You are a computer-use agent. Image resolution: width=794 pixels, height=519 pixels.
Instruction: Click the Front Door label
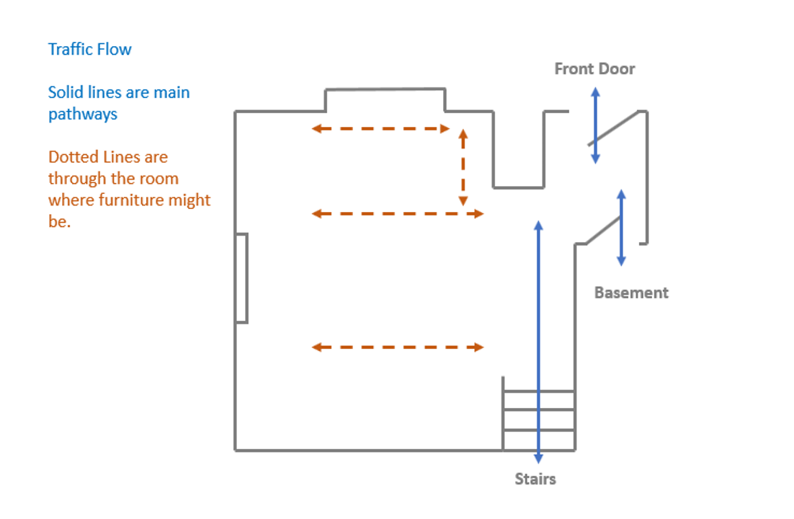tap(594, 69)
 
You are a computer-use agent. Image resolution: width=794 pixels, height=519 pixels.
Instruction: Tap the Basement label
tap(631, 293)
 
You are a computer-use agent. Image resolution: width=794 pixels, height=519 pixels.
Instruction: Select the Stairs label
tap(535, 479)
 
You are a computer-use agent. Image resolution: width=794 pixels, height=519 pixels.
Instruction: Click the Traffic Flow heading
tap(90, 50)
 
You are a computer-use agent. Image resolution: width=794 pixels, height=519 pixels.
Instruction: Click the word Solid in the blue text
tap(66, 92)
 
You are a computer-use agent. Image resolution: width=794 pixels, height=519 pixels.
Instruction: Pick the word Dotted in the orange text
tap(73, 157)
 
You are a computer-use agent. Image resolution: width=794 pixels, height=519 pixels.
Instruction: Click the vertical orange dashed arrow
tap(463, 167)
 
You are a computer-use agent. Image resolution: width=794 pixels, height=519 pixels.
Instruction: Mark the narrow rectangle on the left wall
tap(242, 278)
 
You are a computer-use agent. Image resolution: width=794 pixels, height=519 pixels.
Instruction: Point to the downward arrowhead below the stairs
tap(538, 458)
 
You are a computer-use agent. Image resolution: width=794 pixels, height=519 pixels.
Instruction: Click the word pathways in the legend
tap(82, 114)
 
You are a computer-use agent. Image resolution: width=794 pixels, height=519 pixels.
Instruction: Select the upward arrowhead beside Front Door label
tap(595, 92)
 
